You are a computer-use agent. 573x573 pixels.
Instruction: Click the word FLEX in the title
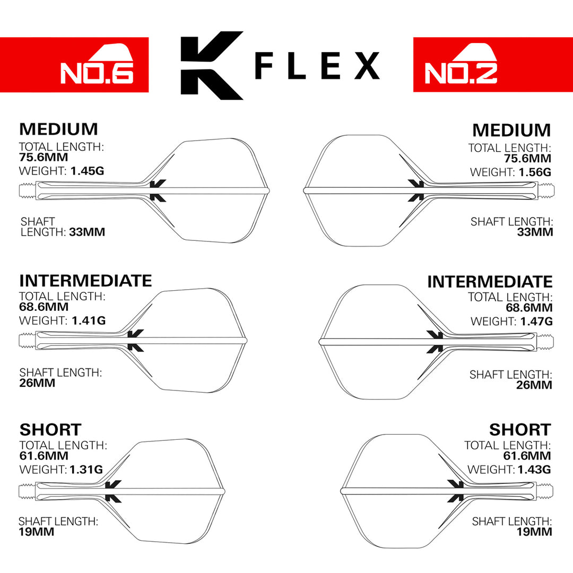317,66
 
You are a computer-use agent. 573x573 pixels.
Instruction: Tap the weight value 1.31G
85,470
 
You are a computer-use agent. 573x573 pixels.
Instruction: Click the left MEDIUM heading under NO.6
58,129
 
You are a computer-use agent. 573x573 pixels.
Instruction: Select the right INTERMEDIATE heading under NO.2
490,282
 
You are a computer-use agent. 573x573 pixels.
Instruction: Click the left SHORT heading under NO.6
50,430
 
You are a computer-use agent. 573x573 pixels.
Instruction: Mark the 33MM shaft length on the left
87,232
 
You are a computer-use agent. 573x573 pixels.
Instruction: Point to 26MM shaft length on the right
534,385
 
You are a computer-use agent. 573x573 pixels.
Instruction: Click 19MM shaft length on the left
36,532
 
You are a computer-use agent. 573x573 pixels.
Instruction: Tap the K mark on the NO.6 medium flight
158,190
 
